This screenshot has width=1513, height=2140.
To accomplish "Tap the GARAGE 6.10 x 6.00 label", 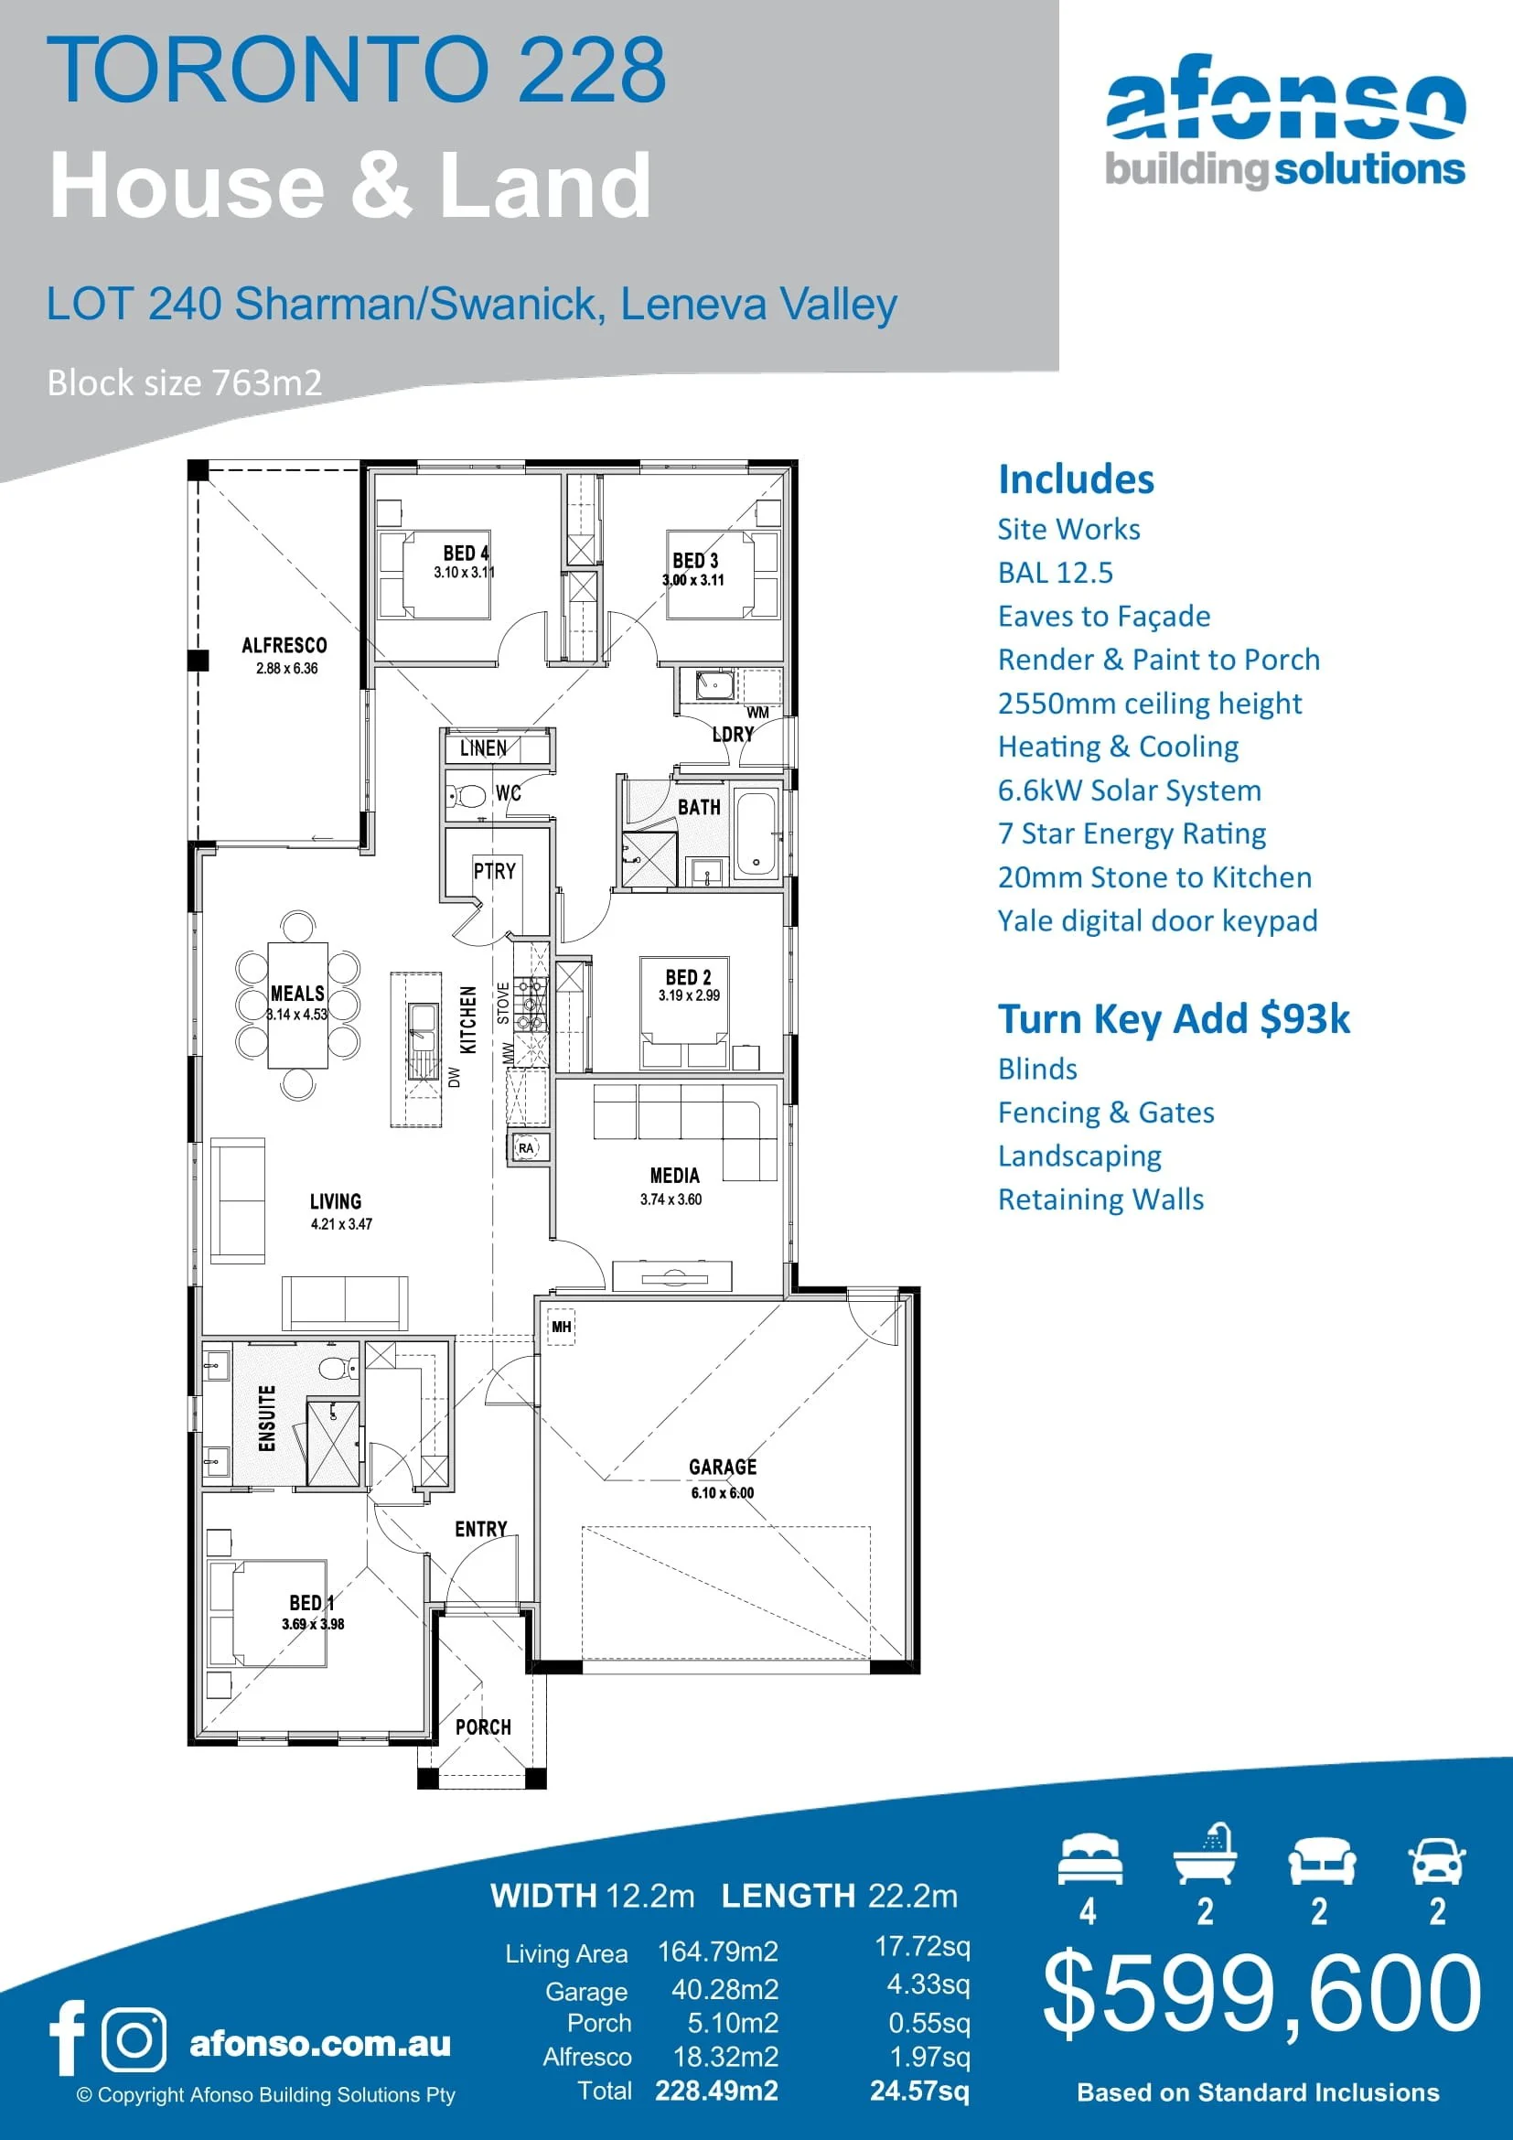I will pyautogui.click(x=722, y=1478).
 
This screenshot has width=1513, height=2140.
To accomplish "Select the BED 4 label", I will pyautogui.click(x=465, y=554).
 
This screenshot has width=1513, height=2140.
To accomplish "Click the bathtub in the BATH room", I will pyautogui.click(x=756, y=833).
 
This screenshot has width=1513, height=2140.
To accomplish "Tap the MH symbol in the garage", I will pyautogui.click(x=561, y=1327).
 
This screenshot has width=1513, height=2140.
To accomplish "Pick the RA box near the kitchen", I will pyautogui.click(x=526, y=1147).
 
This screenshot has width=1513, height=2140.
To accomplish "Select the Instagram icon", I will pyautogui.click(x=134, y=2038).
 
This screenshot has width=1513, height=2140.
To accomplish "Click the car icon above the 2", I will pyautogui.click(x=1436, y=1861).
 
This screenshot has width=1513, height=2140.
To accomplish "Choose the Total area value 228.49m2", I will pyautogui.click(x=715, y=2091).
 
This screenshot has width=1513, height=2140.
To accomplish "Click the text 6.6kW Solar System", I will pyautogui.click(x=1129, y=790).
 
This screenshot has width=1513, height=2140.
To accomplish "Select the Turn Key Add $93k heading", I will pyautogui.click(x=1173, y=1018).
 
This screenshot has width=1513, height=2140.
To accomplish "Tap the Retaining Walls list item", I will pyautogui.click(x=1100, y=1199).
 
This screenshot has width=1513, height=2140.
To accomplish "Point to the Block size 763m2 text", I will pyautogui.click(x=185, y=382).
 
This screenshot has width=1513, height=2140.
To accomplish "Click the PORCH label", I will pyautogui.click(x=483, y=1727).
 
